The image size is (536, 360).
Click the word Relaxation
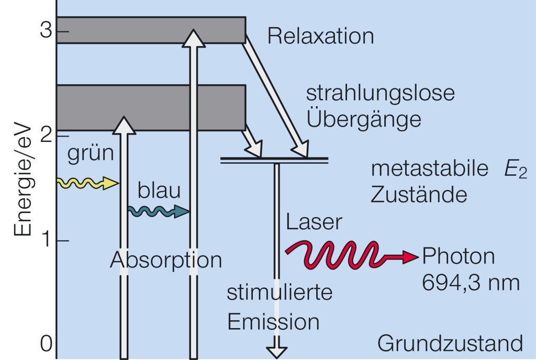pyautogui.click(x=320, y=37)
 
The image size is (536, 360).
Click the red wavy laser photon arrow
pyautogui.click(x=351, y=254)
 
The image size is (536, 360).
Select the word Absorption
pyautogui.click(x=166, y=260)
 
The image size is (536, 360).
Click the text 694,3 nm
pyautogui.click(x=471, y=283)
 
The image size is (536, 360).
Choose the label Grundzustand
pyautogui.click(x=450, y=344)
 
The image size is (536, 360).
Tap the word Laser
pyautogui.click(x=314, y=222)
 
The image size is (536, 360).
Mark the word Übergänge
pyautogui.click(x=364, y=119)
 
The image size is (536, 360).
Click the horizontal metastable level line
pyautogui.click(x=274, y=159)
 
